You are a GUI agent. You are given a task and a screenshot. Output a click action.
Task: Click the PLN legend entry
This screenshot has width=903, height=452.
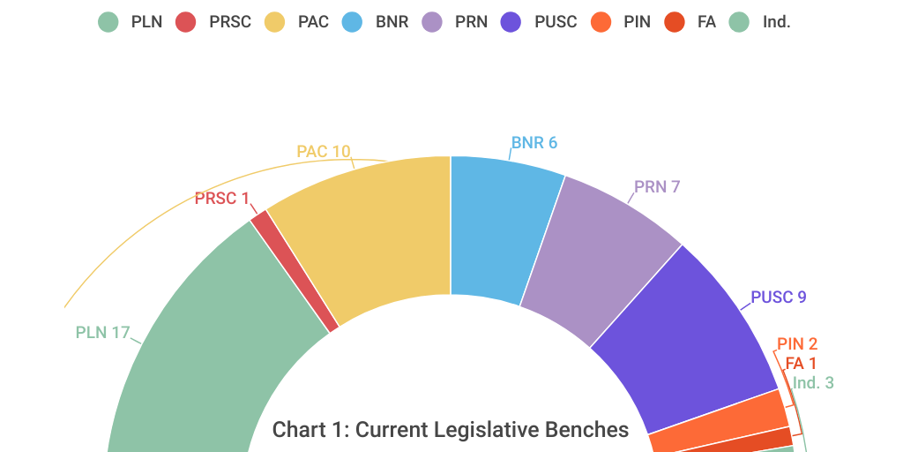(x=131, y=22)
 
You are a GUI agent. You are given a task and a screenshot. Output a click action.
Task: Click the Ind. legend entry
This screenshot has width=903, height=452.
(x=759, y=22)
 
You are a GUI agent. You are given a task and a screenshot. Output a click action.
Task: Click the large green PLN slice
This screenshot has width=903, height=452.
(x=194, y=353)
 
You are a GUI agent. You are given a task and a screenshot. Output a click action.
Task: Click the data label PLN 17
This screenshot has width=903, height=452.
(x=102, y=333)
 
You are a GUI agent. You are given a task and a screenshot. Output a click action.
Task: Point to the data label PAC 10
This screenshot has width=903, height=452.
(x=323, y=151)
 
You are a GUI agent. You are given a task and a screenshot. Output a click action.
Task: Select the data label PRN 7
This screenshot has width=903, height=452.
(x=656, y=186)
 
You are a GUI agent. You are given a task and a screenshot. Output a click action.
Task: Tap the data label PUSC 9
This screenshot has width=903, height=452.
(x=778, y=297)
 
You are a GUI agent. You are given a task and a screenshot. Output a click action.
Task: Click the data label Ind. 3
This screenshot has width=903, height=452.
(x=812, y=382)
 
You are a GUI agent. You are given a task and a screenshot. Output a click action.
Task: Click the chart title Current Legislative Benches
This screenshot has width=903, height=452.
(x=450, y=430)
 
